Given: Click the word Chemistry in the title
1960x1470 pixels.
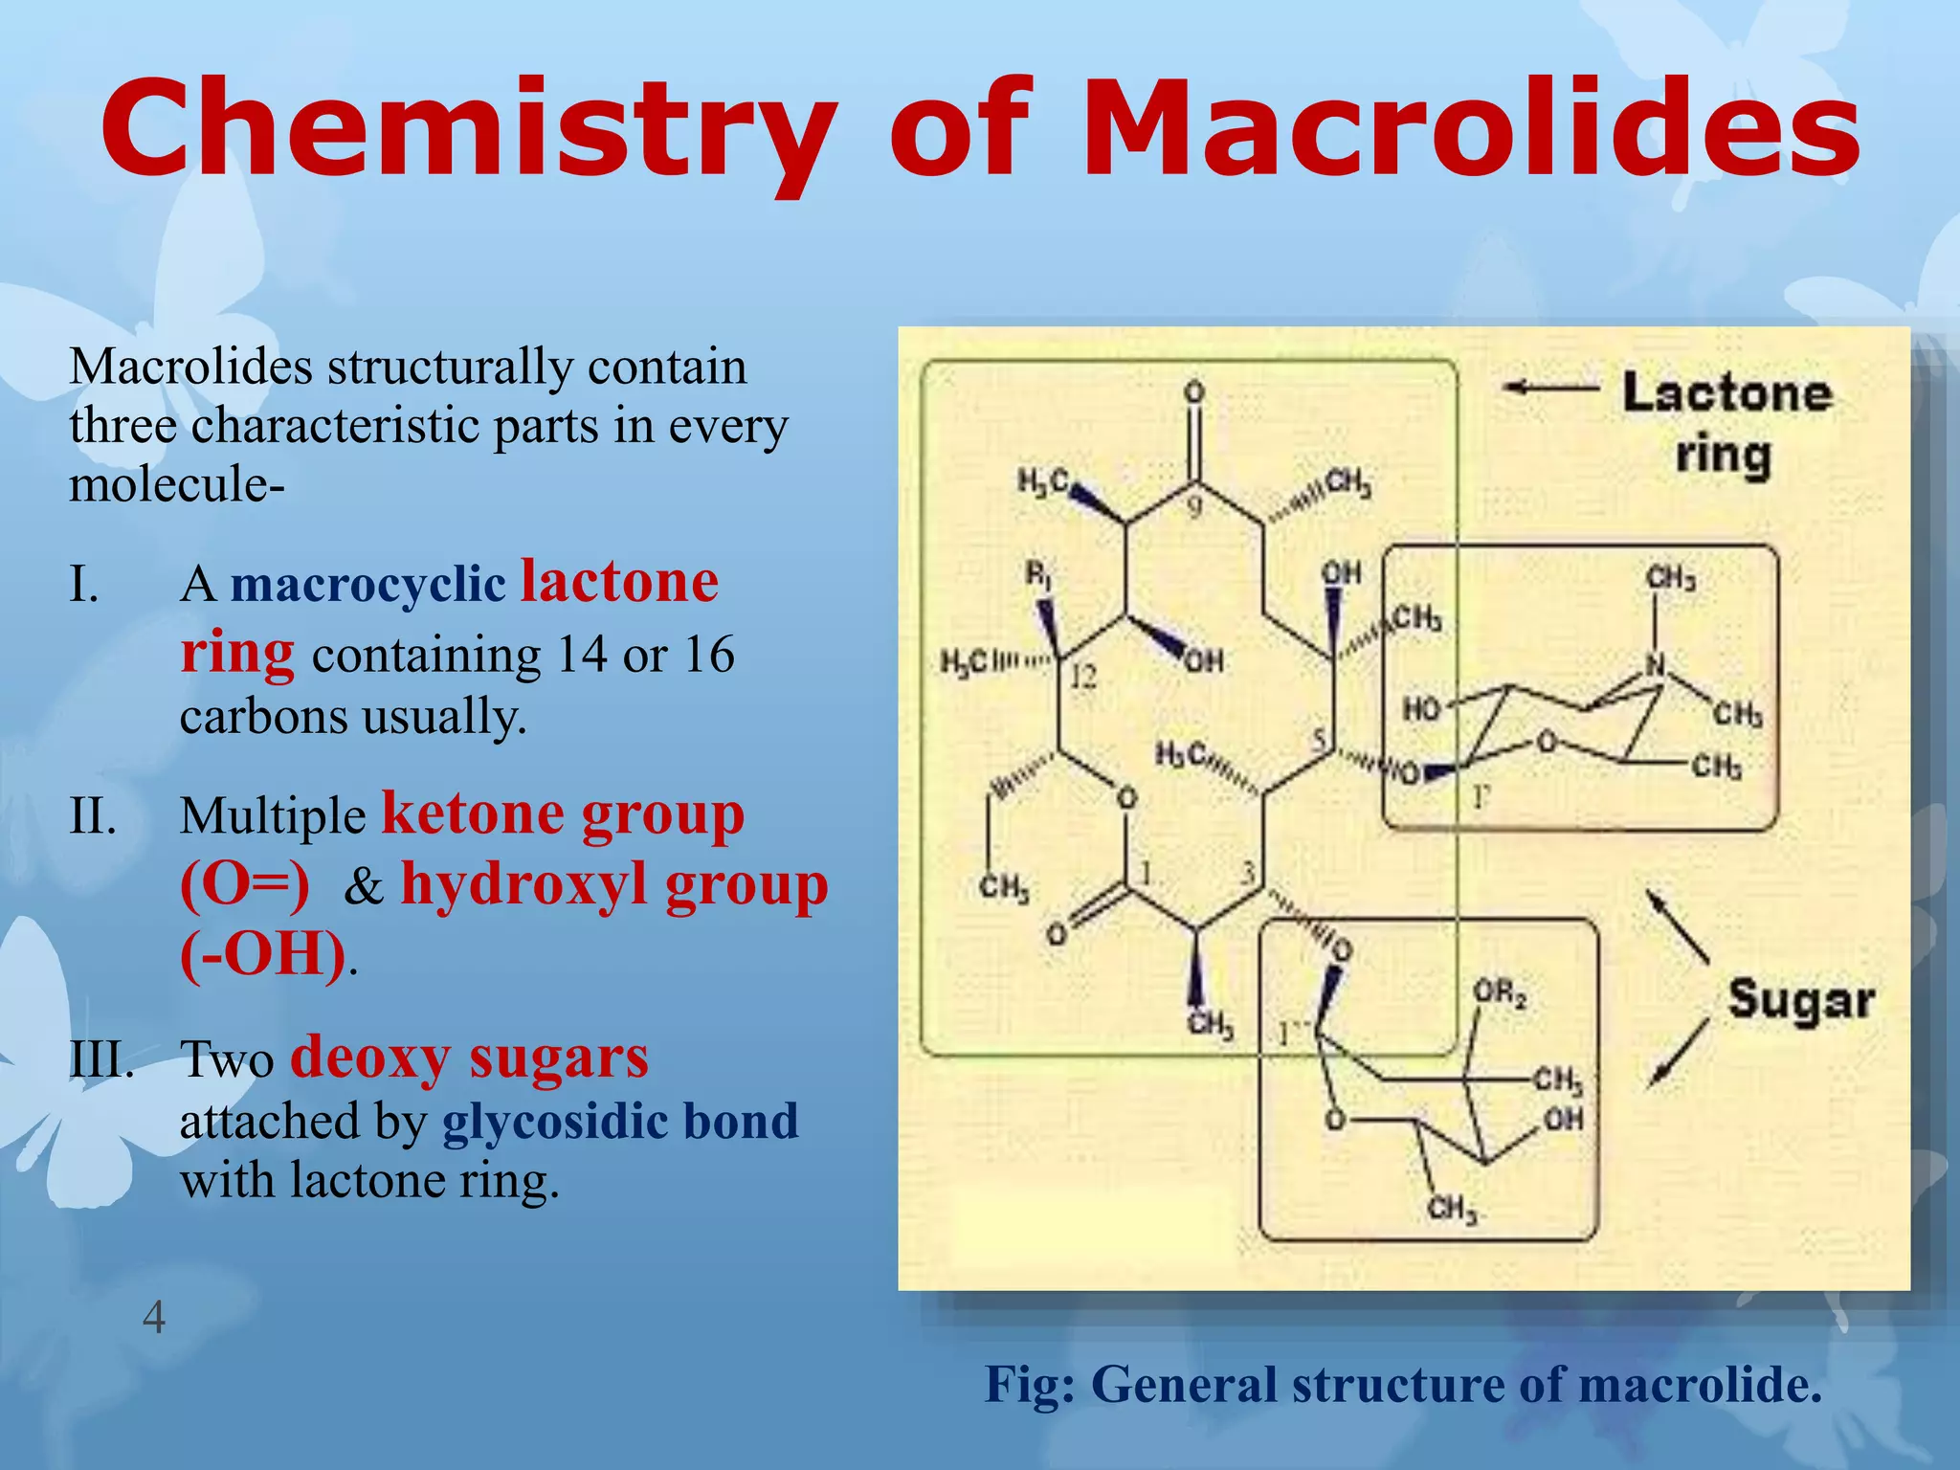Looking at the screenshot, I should click(x=469, y=129).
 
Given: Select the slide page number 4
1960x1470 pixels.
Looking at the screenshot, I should click(x=153, y=1318).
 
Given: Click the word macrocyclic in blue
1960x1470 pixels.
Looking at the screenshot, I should click(x=367, y=584).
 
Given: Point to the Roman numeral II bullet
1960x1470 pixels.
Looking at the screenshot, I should click(x=93, y=816).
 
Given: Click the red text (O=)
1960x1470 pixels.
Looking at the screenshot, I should click(x=245, y=884).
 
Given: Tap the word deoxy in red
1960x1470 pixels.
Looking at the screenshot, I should click(x=370, y=1058).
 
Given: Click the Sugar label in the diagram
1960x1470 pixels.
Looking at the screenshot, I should click(x=1800, y=1001).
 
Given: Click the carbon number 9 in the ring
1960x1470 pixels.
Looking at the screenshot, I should click(x=1194, y=507).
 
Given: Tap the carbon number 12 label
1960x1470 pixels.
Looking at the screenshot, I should click(x=1082, y=678).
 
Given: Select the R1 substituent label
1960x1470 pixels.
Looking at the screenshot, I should click(x=1039, y=575).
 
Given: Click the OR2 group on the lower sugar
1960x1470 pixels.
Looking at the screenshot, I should click(x=1500, y=993).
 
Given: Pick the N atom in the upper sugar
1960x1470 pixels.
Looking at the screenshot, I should click(x=1656, y=663).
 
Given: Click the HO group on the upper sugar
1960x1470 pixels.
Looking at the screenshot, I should click(x=1421, y=709).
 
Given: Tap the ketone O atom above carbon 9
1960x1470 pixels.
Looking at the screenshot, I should click(x=1193, y=391).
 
